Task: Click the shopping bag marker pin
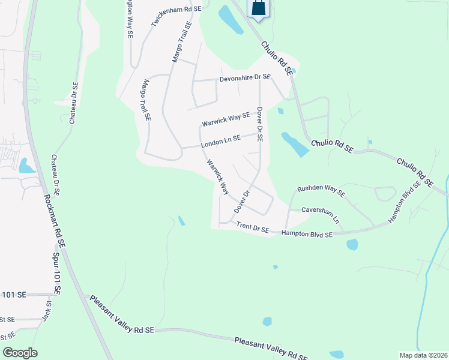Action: [x=258, y=8]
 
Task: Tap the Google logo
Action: [x=20, y=353]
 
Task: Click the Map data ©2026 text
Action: [x=424, y=355]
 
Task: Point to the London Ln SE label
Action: [x=220, y=141]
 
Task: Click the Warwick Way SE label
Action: [x=225, y=119]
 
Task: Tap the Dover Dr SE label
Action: [x=259, y=124]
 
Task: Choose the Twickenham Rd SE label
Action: [x=176, y=13]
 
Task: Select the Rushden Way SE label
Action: [x=321, y=191]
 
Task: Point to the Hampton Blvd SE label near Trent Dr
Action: [x=307, y=235]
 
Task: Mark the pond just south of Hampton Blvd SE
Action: [x=352, y=244]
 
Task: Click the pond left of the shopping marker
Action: [x=230, y=19]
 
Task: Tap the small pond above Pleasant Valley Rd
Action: [x=267, y=322]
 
